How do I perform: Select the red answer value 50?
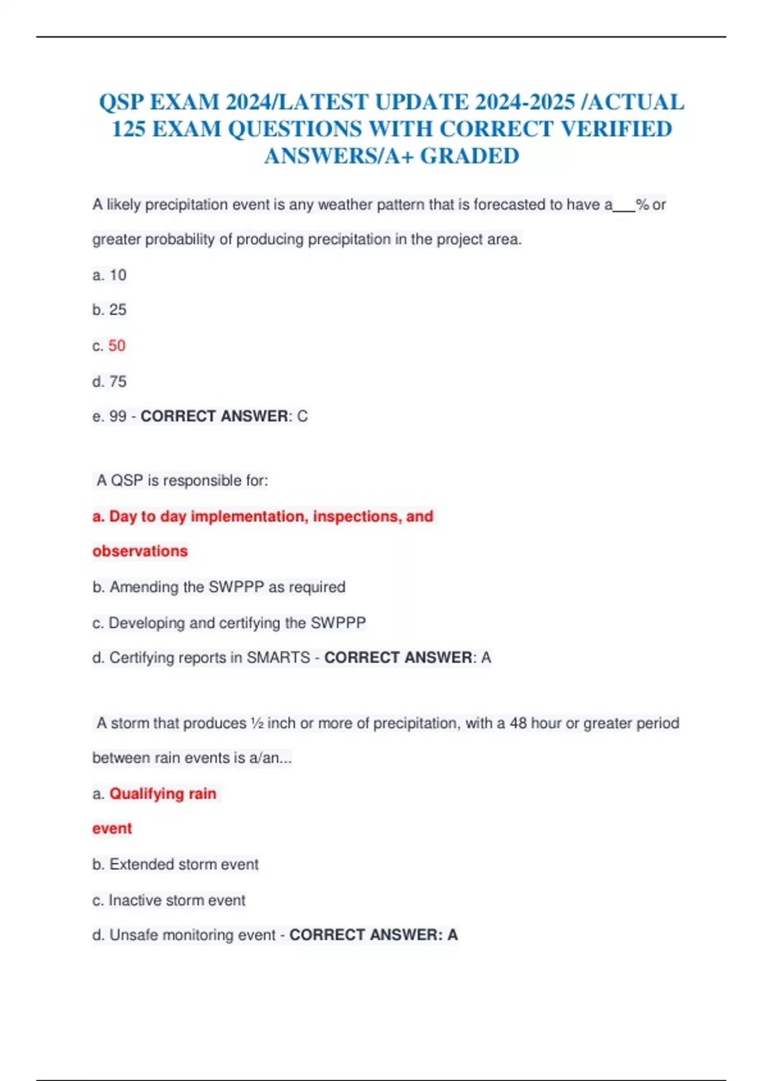[x=117, y=345]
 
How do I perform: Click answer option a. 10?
[x=109, y=275]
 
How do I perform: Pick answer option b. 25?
[x=109, y=310]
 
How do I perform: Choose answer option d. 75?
[x=109, y=382]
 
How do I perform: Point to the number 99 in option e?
[x=118, y=417]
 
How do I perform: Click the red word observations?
[x=140, y=551]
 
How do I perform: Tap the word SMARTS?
[x=278, y=658]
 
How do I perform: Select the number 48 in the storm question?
[x=518, y=724]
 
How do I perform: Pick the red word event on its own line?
[x=112, y=829]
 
